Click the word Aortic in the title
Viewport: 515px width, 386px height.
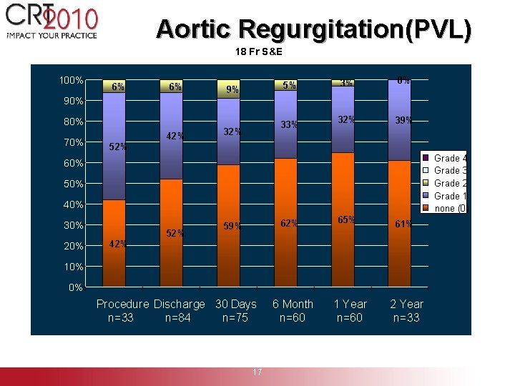coord(194,29)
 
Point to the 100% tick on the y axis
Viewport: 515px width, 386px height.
coord(72,79)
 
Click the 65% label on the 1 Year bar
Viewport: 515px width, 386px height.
coord(346,219)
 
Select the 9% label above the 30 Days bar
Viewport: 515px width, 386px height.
coord(232,90)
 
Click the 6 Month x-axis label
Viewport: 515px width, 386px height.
coord(293,304)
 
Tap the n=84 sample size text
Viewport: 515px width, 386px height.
coord(177,317)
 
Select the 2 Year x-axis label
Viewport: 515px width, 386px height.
coord(406,304)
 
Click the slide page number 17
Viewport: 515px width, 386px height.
coord(257,372)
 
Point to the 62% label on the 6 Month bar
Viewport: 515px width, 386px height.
coord(289,224)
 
